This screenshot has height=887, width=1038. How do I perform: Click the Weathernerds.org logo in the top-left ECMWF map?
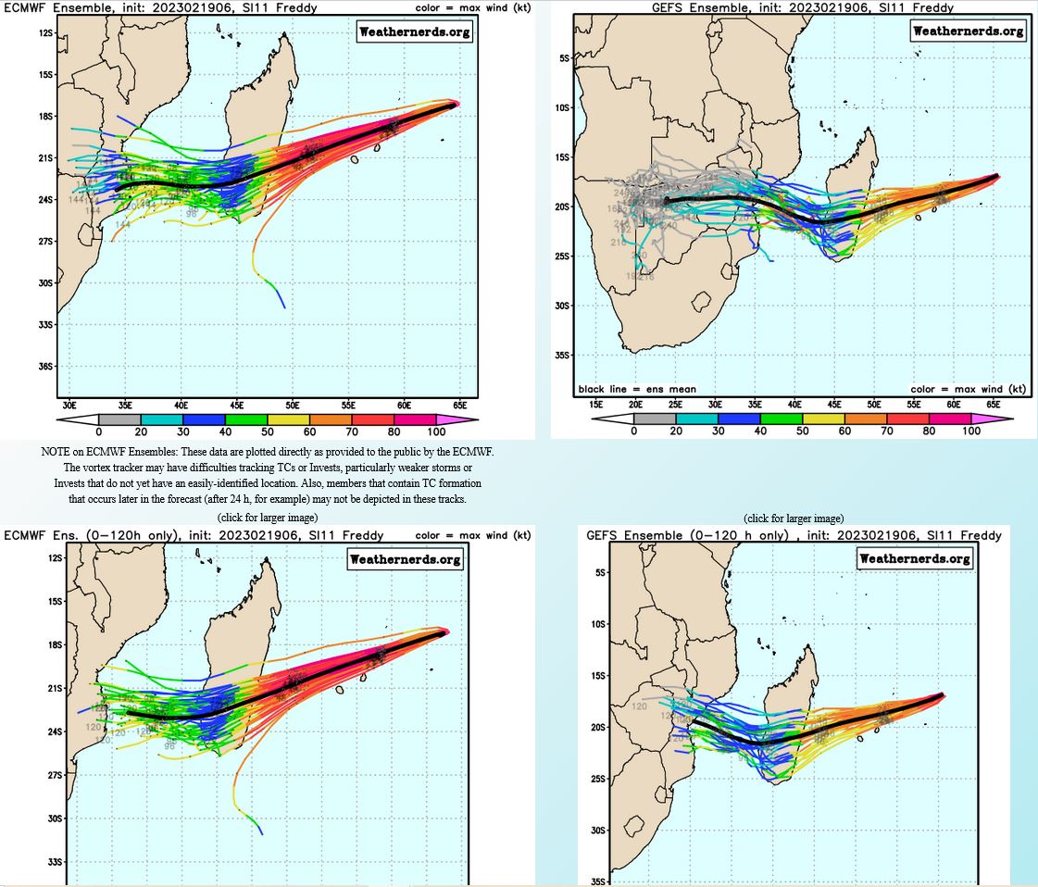(x=414, y=31)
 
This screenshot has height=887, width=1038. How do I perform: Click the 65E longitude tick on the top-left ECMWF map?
(x=459, y=405)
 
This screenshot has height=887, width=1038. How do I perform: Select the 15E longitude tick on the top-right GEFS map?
(x=595, y=405)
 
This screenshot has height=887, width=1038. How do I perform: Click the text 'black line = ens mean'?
(x=637, y=390)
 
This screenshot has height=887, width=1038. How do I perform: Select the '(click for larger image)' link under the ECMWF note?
(x=268, y=517)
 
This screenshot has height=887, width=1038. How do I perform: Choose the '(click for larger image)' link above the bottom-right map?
(x=794, y=518)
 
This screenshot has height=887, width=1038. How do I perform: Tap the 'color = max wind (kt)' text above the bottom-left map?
(x=473, y=535)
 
